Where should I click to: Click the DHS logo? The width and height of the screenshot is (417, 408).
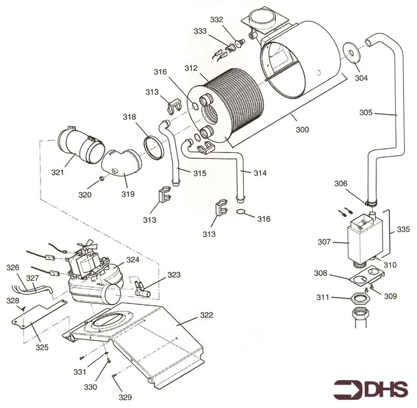point(371,389)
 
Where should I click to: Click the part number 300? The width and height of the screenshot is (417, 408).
point(302,129)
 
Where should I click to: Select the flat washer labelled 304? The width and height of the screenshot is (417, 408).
point(351,53)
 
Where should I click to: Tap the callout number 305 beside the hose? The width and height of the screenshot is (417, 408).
point(366,113)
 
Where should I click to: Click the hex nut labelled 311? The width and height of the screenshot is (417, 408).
point(360,299)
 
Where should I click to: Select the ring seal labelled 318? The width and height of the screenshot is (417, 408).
point(153,148)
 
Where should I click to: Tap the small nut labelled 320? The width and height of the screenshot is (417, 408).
point(102,178)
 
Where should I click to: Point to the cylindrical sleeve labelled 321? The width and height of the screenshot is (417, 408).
point(81,145)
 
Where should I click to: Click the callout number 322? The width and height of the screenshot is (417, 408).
point(206,315)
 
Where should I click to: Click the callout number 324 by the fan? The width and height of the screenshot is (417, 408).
point(133,259)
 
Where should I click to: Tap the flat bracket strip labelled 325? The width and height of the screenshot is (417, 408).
point(39,315)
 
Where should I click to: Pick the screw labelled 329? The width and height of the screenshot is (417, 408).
point(114,375)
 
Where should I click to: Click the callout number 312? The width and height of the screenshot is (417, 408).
point(191,68)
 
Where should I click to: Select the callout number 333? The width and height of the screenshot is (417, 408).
point(200,31)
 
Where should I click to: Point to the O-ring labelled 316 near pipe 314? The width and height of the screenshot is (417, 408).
point(241,212)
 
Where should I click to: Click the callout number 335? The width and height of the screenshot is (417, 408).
point(403,229)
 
